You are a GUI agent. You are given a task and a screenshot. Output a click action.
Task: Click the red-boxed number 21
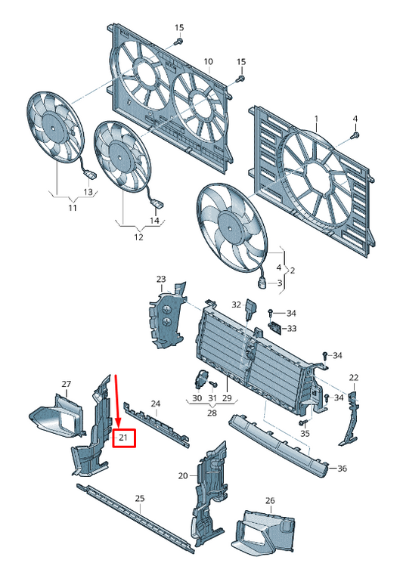[123, 438]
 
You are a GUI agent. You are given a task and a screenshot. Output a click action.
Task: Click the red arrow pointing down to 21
[116, 401]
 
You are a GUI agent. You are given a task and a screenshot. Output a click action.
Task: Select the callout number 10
[209, 62]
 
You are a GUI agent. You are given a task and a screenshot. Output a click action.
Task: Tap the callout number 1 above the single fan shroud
[316, 119]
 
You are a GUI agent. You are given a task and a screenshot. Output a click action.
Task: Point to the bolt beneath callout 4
[355, 135]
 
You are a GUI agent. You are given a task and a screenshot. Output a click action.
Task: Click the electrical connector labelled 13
[90, 175]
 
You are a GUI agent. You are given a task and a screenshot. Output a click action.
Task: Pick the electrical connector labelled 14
[157, 203]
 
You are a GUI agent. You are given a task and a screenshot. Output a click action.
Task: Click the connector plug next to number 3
[261, 283]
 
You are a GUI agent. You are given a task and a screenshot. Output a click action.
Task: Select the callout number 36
[342, 469]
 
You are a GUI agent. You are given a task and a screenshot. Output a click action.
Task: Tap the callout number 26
[270, 500]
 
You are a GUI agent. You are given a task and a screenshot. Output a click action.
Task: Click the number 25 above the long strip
[140, 498]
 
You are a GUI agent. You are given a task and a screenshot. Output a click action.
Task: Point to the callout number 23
[161, 279]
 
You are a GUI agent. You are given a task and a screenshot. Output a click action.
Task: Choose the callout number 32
[237, 305]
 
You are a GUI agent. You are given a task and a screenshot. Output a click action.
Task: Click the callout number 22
[354, 377]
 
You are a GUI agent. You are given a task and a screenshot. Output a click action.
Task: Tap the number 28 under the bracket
[212, 413]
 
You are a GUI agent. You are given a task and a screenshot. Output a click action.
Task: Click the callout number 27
[67, 384]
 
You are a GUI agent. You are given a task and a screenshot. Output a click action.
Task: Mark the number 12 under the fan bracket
[138, 237]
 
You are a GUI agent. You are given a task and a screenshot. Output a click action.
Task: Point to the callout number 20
[183, 476]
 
